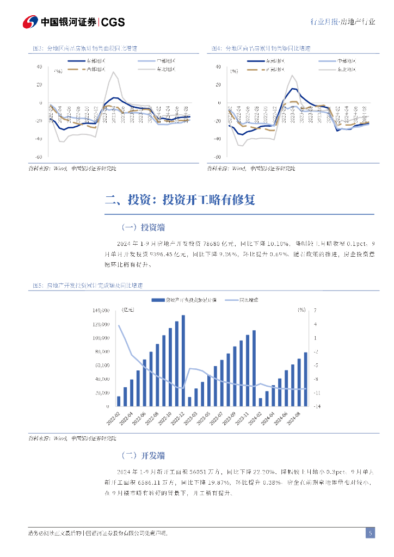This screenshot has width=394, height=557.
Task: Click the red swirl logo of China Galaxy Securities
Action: [x=30, y=22]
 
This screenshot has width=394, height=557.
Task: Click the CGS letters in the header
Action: [x=113, y=22]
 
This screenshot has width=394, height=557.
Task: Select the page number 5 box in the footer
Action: [x=370, y=533]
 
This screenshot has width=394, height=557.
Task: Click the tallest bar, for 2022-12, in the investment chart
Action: [x=183, y=360]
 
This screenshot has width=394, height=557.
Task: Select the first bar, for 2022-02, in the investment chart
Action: [x=119, y=401]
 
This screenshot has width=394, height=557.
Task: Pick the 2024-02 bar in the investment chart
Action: [x=261, y=402]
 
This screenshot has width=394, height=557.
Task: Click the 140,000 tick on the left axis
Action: [x=101, y=311]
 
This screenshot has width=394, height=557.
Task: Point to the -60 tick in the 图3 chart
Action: [x=39, y=157]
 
